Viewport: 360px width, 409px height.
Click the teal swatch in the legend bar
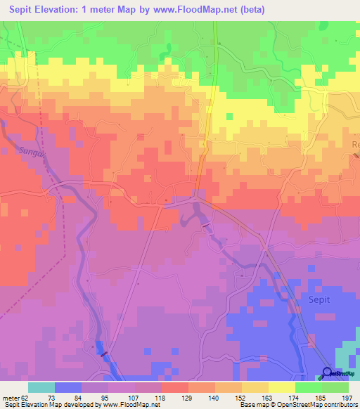pos(41,387)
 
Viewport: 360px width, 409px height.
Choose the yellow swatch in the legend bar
pos(281,387)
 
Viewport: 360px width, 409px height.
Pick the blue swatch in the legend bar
pos(67,387)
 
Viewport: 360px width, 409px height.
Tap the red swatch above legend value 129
pos(174,387)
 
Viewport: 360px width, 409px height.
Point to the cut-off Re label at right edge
pos(355,143)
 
